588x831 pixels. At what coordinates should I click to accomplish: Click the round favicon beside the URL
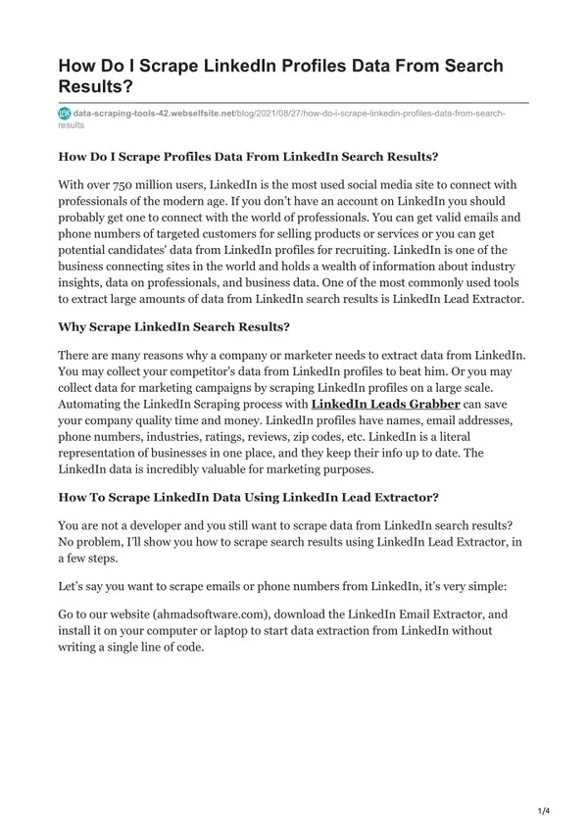[66, 115]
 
